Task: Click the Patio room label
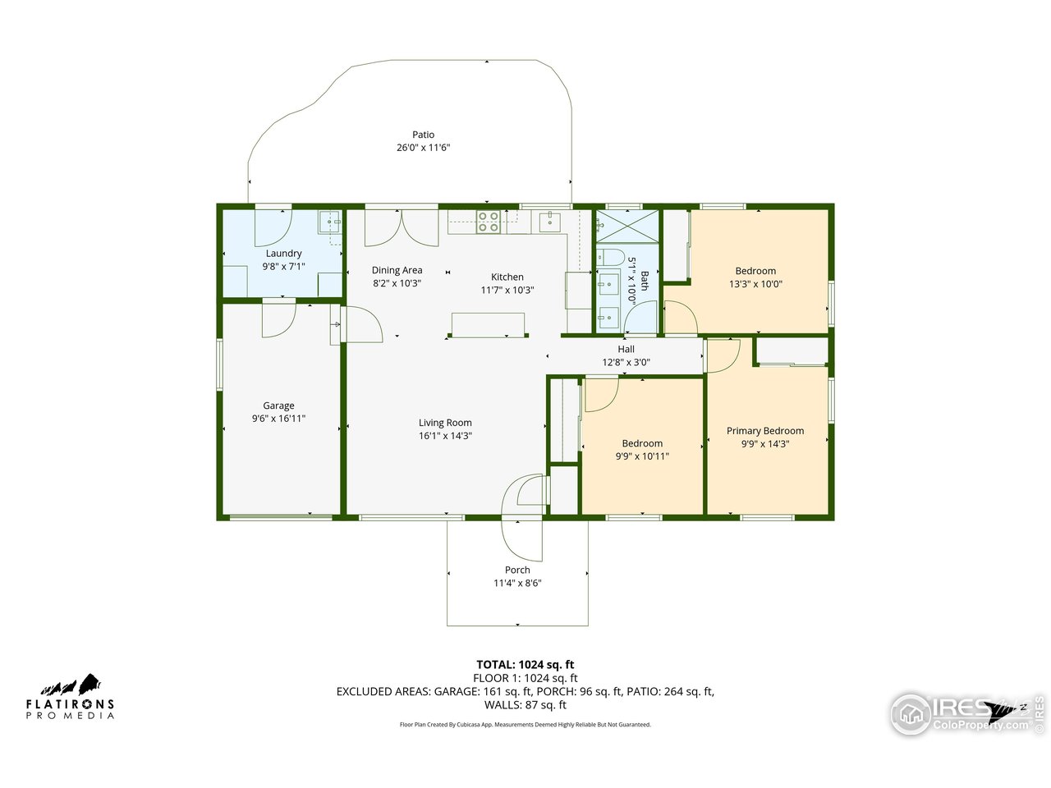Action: (423, 135)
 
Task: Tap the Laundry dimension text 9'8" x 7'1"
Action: (283, 267)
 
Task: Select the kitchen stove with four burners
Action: (489, 222)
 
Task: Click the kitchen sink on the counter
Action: (549, 221)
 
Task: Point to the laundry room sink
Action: (330, 222)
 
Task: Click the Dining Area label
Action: (397, 270)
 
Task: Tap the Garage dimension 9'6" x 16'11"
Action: (278, 419)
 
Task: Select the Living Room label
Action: (445, 423)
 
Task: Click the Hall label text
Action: (626, 349)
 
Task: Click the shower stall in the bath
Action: (627, 226)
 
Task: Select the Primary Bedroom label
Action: (764, 431)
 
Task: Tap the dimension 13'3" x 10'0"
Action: (755, 284)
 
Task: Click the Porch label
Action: (517, 570)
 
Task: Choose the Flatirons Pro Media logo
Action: (70, 698)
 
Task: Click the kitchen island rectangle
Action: (488, 325)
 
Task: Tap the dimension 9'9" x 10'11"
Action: (642, 456)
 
